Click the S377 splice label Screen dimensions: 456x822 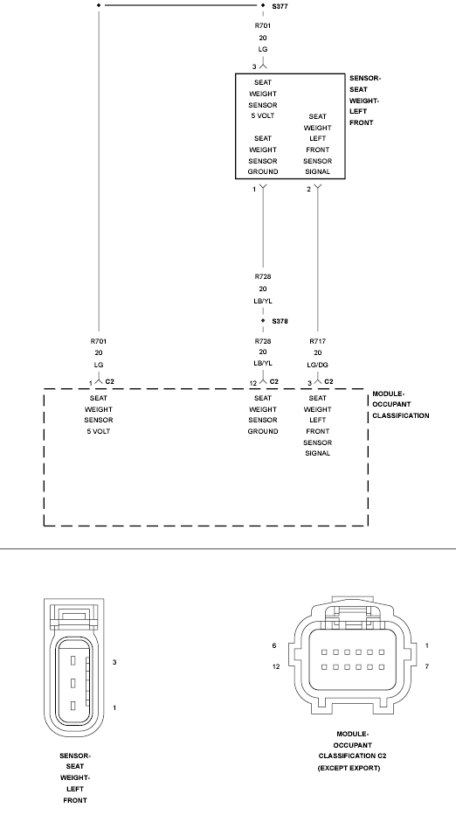pos(280,6)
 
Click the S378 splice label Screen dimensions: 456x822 pos(280,321)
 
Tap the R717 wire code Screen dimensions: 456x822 pos(317,341)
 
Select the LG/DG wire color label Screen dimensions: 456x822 pos(317,365)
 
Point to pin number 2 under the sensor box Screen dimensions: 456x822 pos(309,189)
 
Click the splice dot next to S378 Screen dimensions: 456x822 pos(263,320)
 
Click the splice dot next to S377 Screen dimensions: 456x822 pos(263,5)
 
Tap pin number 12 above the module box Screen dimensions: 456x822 pos(253,383)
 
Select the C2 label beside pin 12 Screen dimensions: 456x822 pos(273,381)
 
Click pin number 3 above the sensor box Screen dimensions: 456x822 pos(254,66)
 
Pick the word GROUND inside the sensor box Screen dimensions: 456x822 pos(263,171)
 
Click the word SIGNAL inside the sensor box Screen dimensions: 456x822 pos(317,171)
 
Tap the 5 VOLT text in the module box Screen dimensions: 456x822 pos(99,431)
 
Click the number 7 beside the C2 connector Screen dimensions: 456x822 pos(427,666)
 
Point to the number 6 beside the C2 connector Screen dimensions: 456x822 pos(274,646)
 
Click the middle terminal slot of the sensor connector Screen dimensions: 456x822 pos(73,683)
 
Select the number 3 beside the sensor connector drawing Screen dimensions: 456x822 pos(114,662)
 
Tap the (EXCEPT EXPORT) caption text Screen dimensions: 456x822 pos(349,768)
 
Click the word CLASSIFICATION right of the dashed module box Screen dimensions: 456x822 pos(401,415)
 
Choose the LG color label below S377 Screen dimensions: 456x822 pos(263,49)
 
